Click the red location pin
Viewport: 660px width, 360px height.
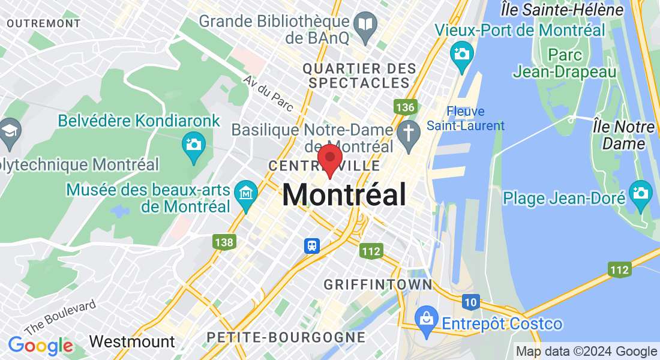pos(329,158)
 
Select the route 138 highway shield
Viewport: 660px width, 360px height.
pos(223,242)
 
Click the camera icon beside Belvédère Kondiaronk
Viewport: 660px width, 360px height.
pos(194,145)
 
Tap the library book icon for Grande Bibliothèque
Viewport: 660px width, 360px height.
pos(365,25)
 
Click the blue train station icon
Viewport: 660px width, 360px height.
pos(311,245)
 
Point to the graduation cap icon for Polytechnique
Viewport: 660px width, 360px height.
pos(10,130)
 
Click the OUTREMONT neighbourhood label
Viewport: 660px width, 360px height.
pos(44,23)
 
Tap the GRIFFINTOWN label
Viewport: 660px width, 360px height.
pos(377,284)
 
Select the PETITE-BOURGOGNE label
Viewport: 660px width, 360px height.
pos(285,337)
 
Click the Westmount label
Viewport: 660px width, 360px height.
pos(132,342)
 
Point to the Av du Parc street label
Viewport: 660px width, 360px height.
pos(268,94)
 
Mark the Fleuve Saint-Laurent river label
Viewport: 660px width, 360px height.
pos(466,118)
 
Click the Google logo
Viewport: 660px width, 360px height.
pos(40,346)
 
